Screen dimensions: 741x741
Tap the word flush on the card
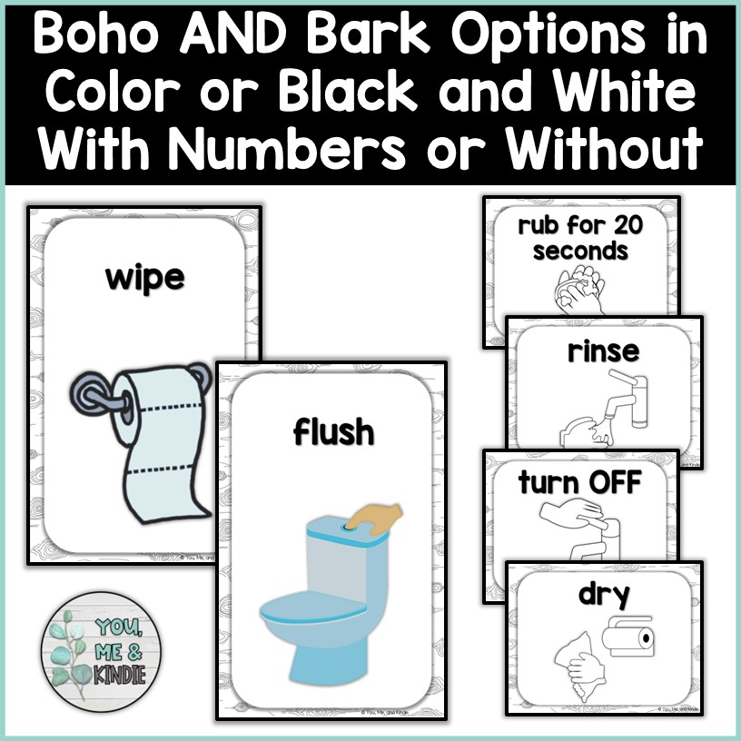tap(333, 432)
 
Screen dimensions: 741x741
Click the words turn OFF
tap(579, 482)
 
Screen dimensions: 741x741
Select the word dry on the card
tap(604, 596)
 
